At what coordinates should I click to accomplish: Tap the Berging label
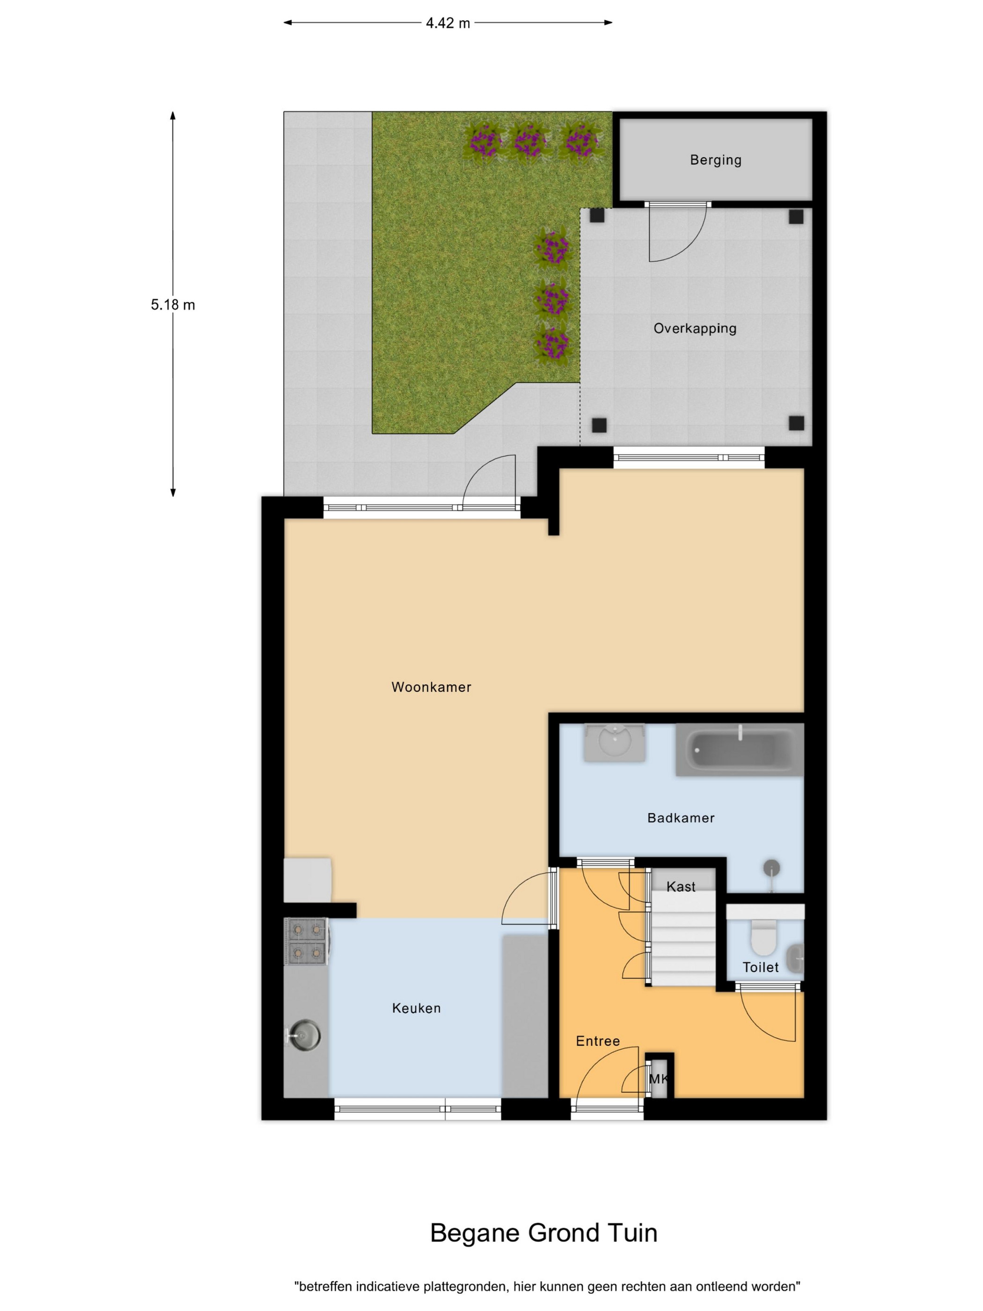point(715,160)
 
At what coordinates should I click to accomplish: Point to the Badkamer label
point(681,818)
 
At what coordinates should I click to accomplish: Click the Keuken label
point(416,1008)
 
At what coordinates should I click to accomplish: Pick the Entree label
point(597,1041)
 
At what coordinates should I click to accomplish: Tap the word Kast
point(680,887)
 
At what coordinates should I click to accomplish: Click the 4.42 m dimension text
point(448,23)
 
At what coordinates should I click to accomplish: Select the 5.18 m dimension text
point(173,305)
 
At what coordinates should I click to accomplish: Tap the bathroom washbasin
point(615,742)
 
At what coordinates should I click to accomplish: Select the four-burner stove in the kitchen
point(306,942)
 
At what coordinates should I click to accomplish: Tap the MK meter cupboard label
point(658,1079)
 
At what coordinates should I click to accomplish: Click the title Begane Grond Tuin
point(543,1233)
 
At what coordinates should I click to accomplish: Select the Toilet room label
point(760,967)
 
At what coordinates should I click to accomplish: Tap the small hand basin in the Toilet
point(796,957)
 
